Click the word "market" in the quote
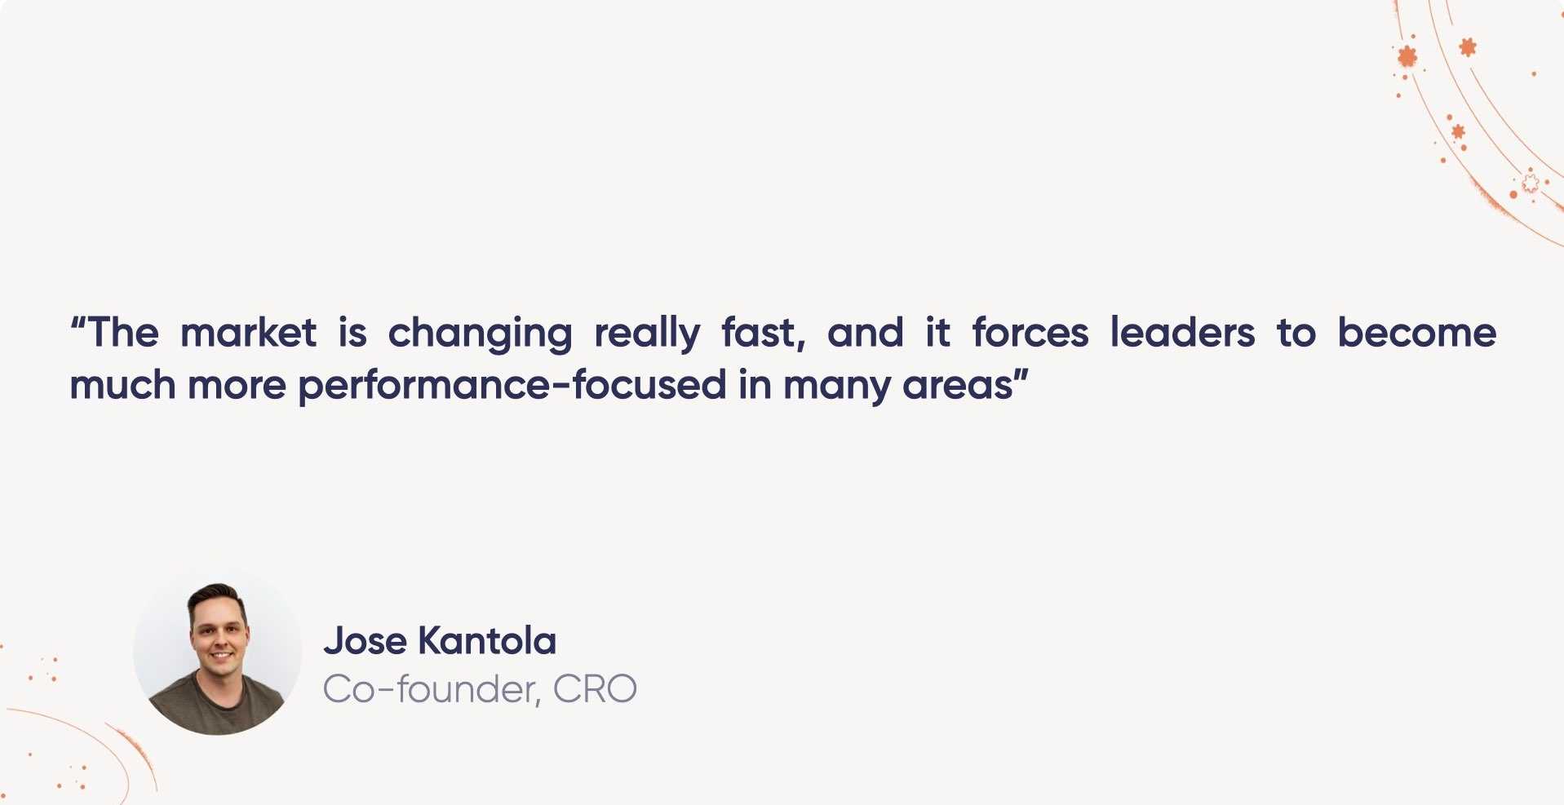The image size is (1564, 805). [248, 334]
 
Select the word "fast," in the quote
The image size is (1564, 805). [764, 334]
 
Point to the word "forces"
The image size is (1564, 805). [1030, 334]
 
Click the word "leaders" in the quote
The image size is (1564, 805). [1182, 334]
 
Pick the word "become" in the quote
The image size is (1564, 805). [1416, 334]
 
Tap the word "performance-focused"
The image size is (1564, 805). [512, 386]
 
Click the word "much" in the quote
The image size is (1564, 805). [122, 386]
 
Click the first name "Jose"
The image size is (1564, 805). [365, 641]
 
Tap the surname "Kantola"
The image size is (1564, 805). [487, 641]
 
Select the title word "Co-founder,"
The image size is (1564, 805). [432, 690]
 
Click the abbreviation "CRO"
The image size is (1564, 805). [595, 690]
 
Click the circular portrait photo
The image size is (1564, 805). [217, 652]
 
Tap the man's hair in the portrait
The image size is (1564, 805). [217, 595]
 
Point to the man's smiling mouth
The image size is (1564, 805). [221, 654]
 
